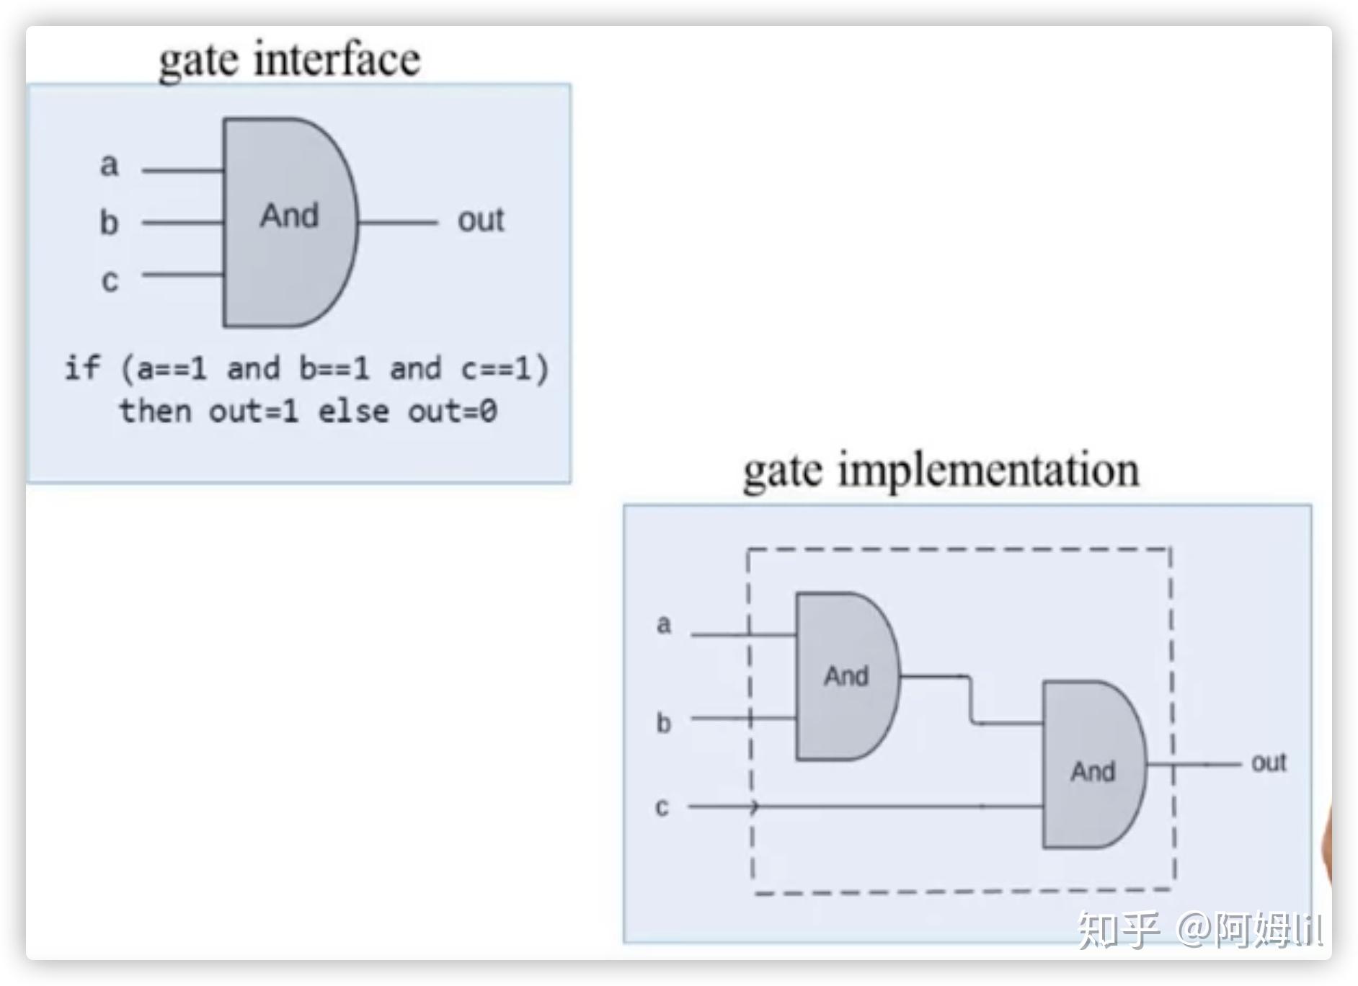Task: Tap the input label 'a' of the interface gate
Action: click(109, 165)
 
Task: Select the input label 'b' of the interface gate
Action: click(109, 222)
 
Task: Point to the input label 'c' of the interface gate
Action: click(110, 280)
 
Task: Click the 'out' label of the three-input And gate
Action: click(481, 220)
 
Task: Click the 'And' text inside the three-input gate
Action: click(289, 216)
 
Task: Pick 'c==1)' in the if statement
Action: click(505, 369)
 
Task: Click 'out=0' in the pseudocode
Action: click(453, 412)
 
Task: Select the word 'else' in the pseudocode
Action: click(353, 412)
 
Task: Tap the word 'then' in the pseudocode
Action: click(155, 412)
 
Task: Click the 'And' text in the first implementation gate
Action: click(846, 676)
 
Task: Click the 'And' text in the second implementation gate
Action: click(1093, 771)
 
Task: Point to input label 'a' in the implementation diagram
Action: click(664, 624)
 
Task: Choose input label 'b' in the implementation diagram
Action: click(663, 722)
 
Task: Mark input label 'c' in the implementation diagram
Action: click(662, 807)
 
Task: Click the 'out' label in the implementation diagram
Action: click(1269, 763)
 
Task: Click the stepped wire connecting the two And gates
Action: click(971, 699)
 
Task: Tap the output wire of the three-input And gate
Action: click(397, 223)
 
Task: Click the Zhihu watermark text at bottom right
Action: click(1199, 930)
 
